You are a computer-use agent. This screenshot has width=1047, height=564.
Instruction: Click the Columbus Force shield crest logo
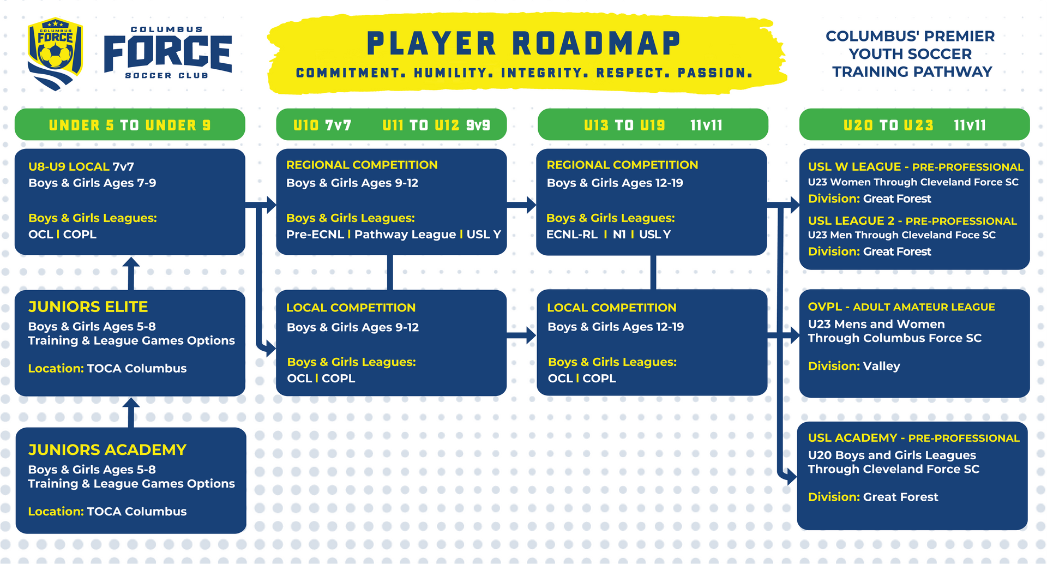(55, 53)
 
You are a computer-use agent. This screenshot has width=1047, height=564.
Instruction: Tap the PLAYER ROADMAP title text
(523, 44)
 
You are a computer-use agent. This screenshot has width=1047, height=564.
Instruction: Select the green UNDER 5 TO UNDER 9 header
(130, 125)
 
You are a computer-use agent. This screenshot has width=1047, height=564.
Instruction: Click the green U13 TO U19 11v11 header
(653, 125)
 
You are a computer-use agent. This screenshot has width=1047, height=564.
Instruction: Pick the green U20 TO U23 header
(914, 125)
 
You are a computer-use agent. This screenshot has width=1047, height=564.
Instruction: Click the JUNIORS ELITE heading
(88, 307)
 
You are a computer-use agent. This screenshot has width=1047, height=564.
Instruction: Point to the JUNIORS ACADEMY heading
(107, 450)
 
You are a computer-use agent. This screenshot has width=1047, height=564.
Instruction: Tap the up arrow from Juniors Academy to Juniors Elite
(131, 412)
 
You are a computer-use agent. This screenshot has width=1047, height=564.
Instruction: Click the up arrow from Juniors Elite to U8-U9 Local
(131, 273)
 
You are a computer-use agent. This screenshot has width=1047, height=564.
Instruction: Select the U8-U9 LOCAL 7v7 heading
(81, 167)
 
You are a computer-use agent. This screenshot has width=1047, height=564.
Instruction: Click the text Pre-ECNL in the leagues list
(315, 235)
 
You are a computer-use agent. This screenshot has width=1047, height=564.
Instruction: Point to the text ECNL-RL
(572, 235)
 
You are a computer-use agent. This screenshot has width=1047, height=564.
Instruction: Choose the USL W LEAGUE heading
(855, 167)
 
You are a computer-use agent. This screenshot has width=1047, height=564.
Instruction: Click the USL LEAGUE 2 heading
(851, 221)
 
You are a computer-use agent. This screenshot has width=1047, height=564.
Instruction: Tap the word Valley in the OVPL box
(882, 367)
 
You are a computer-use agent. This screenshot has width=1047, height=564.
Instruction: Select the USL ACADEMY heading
(853, 438)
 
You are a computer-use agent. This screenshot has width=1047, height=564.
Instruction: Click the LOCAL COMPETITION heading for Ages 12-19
(612, 308)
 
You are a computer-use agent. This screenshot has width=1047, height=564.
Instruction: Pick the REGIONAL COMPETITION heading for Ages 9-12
(362, 165)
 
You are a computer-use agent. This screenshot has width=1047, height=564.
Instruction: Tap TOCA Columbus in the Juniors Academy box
(137, 512)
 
